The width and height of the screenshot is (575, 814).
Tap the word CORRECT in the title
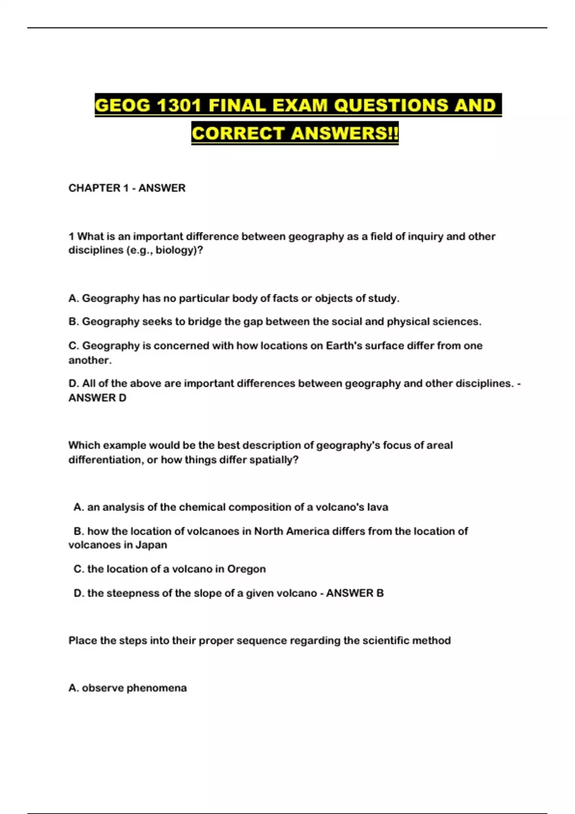coord(238,133)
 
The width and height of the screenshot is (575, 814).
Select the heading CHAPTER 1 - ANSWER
coord(127,188)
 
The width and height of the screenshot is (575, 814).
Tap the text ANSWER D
coord(97,398)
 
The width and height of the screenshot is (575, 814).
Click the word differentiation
coord(106,460)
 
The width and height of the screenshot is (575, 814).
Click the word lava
coord(378,508)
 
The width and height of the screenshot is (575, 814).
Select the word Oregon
coord(246,569)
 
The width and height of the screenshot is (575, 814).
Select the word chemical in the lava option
coord(202,508)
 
